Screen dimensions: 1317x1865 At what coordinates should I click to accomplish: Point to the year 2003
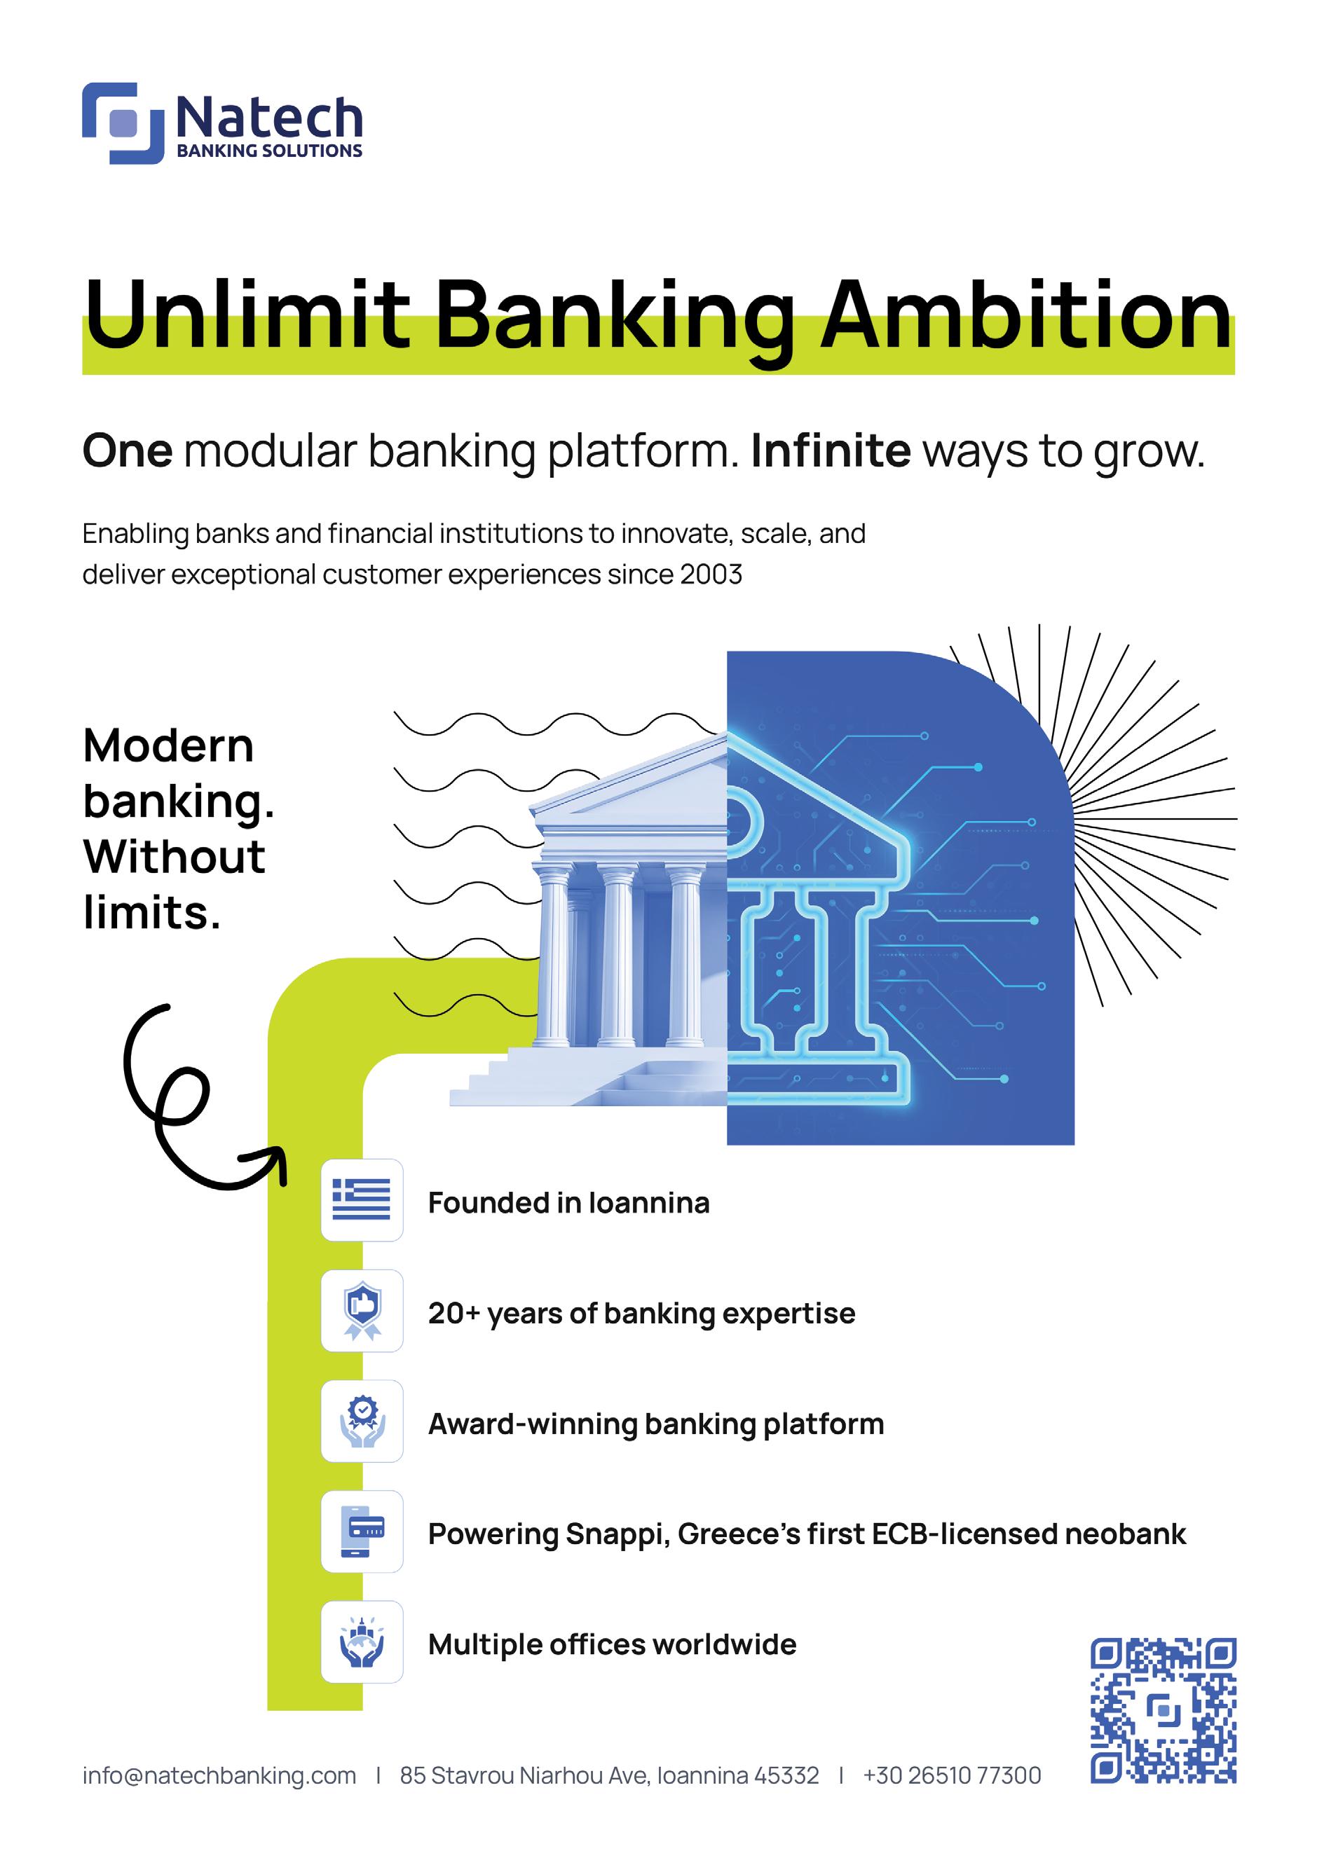click(x=711, y=574)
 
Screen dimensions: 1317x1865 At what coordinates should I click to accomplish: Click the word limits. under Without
click(x=152, y=913)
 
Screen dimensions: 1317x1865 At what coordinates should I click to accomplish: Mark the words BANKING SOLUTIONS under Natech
click(x=269, y=151)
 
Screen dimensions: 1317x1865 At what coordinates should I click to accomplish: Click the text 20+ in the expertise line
click(x=454, y=1314)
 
